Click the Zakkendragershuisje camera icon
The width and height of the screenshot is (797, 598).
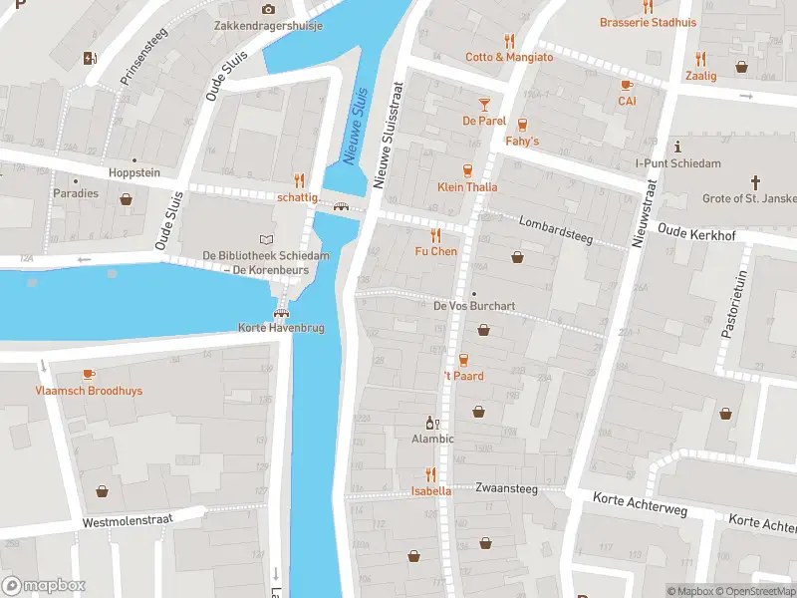(x=268, y=9)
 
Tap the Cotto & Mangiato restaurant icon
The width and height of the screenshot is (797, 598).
(x=509, y=41)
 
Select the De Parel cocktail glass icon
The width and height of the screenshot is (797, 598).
(x=484, y=104)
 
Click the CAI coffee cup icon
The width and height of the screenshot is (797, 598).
(x=627, y=85)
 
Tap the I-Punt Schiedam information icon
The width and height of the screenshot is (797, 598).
(x=676, y=146)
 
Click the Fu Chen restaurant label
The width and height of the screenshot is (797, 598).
(x=435, y=251)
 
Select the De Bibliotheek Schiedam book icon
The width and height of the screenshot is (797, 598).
(x=265, y=239)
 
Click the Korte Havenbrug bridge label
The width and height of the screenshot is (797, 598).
(x=281, y=328)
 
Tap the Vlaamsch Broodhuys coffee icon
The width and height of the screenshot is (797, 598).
(x=89, y=374)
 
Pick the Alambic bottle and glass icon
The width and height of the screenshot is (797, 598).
(x=432, y=423)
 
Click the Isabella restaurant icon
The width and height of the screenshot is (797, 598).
(x=430, y=474)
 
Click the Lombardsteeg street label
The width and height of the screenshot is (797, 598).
(x=556, y=228)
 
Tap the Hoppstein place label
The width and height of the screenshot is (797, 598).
(x=134, y=172)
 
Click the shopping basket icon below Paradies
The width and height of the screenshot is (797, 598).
(x=127, y=199)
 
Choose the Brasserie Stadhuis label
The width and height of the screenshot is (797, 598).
(x=648, y=22)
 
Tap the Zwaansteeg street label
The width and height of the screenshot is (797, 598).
(x=506, y=489)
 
